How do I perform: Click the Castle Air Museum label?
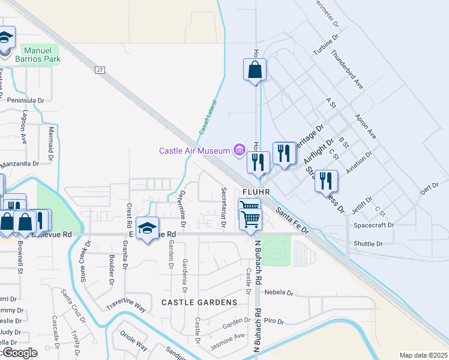coord(194,151)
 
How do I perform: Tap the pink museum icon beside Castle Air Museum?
coord(240,149)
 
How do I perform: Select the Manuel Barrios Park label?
coord(42,55)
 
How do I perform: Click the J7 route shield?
coord(100,70)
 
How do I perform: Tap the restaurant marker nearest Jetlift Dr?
coord(326,181)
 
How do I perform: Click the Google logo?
coord(19,353)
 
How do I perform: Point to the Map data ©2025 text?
coord(423,355)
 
